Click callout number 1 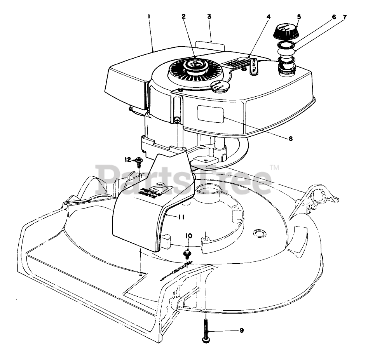point(149,17)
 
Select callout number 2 point(183,17)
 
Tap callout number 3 point(209,17)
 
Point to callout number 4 point(268,17)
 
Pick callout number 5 point(299,17)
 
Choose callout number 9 point(241,330)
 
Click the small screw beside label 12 point(138,160)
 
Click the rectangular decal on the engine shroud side point(210,114)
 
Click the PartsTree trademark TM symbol point(274,168)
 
